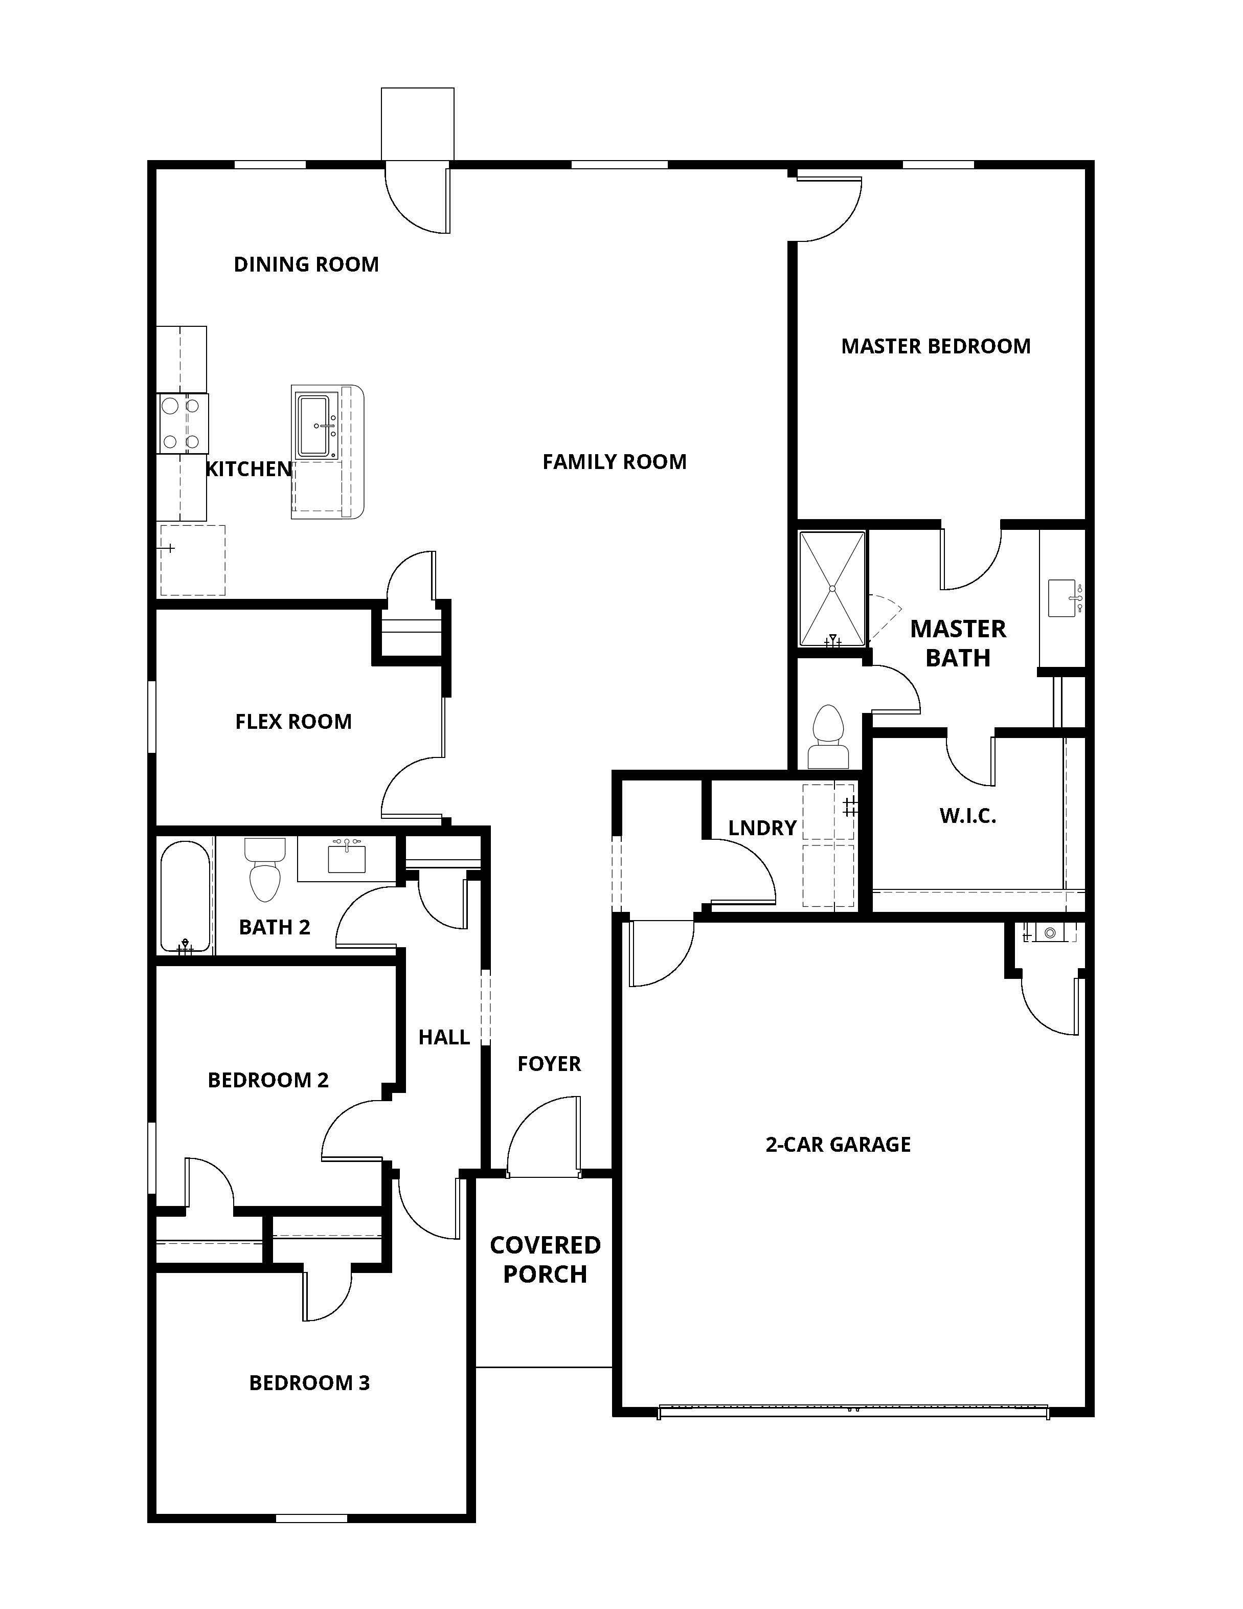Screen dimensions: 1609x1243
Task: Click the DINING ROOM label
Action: click(x=306, y=264)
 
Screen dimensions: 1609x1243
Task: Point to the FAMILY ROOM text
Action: click(x=614, y=462)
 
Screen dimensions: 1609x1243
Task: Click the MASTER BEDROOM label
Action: click(x=935, y=346)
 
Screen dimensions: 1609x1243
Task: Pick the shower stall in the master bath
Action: click(x=832, y=589)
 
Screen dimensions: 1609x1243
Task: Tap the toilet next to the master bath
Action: click(x=828, y=736)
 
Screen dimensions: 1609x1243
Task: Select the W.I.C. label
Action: click(x=967, y=816)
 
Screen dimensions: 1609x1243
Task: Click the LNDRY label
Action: click(x=762, y=828)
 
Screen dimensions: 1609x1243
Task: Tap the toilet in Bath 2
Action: click(x=264, y=871)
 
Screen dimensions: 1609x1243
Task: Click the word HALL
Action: click(x=443, y=1037)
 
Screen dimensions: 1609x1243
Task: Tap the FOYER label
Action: click(x=549, y=1064)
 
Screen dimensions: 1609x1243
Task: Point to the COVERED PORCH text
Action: click(x=545, y=1259)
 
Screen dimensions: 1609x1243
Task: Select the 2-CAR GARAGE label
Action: click(x=838, y=1144)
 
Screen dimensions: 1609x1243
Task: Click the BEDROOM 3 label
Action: click(x=309, y=1383)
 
